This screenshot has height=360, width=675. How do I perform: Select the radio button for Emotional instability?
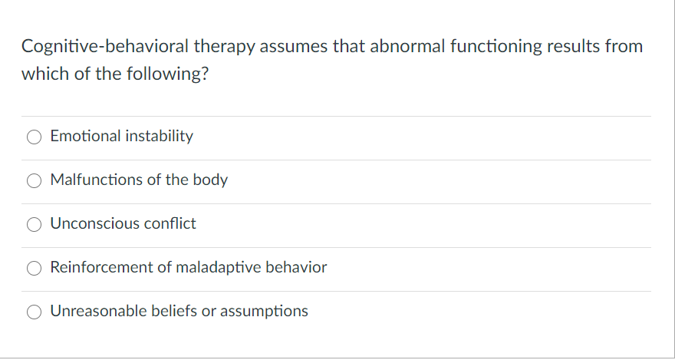point(35,137)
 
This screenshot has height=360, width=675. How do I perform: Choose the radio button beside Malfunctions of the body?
point(35,181)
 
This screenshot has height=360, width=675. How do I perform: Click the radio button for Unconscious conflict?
point(35,225)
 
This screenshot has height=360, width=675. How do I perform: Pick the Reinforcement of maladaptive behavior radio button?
point(35,269)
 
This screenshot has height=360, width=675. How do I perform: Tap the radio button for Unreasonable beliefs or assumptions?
point(35,312)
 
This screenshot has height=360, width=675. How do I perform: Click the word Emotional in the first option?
point(83,137)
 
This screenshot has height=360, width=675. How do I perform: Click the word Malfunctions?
point(96,180)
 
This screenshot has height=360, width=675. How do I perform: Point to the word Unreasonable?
point(94,312)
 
